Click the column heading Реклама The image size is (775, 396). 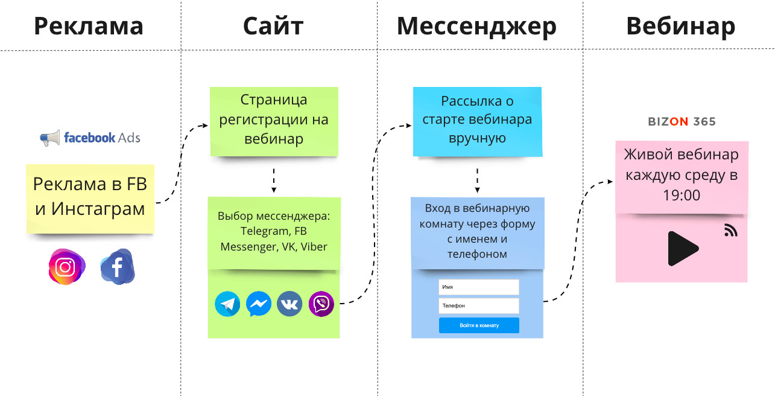tap(89, 26)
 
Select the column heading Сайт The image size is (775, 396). tap(273, 26)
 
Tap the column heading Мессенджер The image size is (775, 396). tap(476, 26)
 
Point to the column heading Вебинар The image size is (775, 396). tap(680, 26)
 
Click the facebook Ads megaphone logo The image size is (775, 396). tap(51, 138)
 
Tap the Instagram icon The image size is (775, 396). tap(66, 267)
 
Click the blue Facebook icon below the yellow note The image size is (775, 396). tap(118, 267)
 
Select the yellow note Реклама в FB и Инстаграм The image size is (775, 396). tap(90, 197)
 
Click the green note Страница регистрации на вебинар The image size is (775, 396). tap(273, 120)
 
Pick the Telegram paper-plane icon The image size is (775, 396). tap(227, 304)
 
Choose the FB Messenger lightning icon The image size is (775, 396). tap(259, 304)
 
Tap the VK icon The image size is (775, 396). tap(289, 304)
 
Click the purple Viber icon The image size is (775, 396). tap(321, 304)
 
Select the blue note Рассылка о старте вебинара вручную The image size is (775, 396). tap(476, 120)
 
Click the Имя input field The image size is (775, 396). tap(479, 287)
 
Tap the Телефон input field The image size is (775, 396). tap(479, 306)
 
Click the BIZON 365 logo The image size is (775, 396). tap(682, 121)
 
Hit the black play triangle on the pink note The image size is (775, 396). tap(682, 248)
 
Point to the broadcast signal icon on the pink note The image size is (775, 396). tap(730, 230)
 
